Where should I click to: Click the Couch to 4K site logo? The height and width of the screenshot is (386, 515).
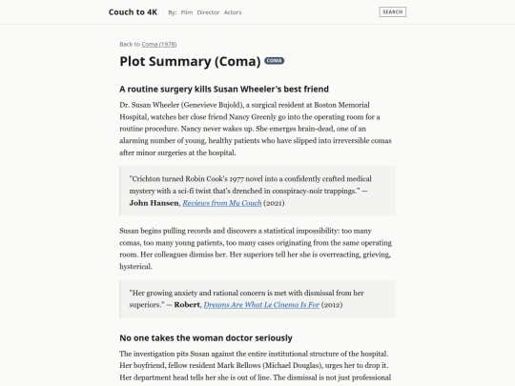(133, 11)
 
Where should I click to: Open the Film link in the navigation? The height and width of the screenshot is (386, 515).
(186, 12)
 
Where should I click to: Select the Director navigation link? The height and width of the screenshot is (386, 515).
(208, 12)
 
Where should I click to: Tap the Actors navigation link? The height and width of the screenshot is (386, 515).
(234, 12)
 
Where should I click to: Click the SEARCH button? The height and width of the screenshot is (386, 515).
(392, 12)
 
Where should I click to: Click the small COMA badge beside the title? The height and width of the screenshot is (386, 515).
(275, 61)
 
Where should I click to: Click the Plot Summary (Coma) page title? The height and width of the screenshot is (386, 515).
(190, 62)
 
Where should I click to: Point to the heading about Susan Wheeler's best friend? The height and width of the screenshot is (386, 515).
(224, 89)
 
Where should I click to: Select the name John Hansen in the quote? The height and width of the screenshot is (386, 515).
(154, 203)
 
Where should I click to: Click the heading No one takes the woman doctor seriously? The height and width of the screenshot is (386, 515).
(205, 337)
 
